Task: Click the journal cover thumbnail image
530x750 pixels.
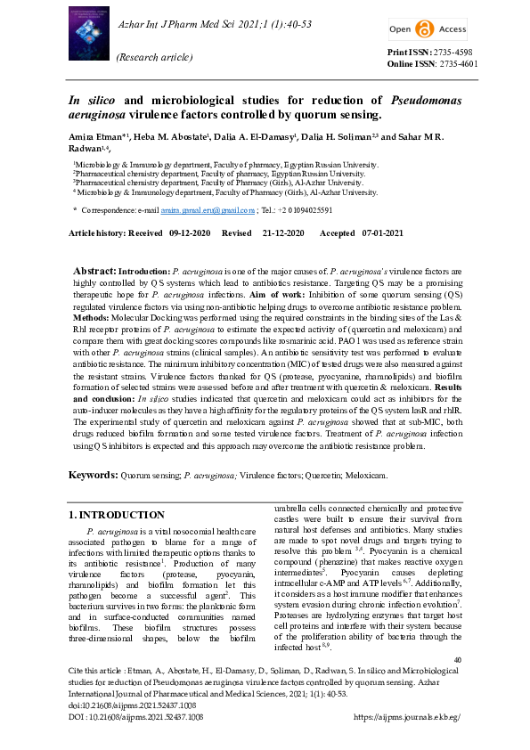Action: (x=92, y=35)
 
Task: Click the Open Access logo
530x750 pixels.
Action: (x=427, y=29)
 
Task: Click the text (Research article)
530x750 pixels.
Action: (x=154, y=57)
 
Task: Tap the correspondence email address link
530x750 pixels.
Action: (x=200, y=210)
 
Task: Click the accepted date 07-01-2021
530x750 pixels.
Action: (x=382, y=232)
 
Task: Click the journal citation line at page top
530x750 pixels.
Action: (x=215, y=22)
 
